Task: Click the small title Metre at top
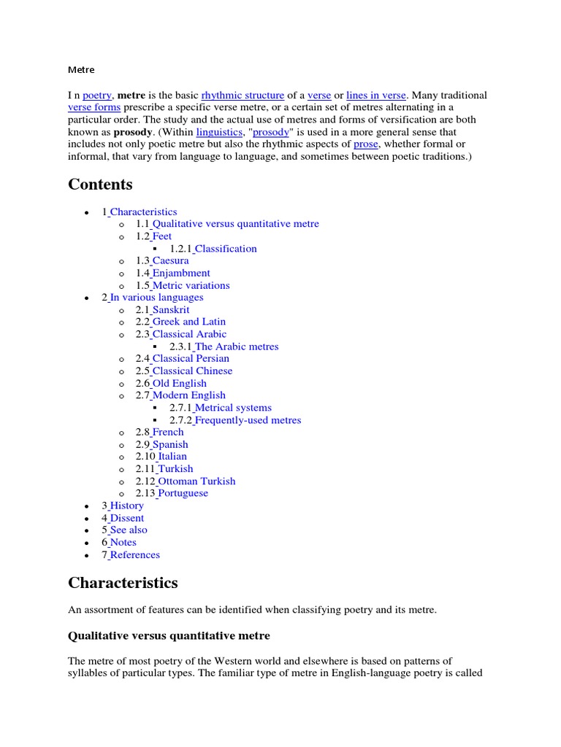(81, 70)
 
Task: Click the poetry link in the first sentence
(97, 96)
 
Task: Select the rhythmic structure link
(243, 96)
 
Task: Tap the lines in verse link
(376, 96)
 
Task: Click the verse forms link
(94, 108)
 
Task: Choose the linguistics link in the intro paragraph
(220, 132)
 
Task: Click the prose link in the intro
(366, 144)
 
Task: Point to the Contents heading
(100, 184)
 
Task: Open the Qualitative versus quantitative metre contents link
(235, 224)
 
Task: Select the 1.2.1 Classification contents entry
(226, 249)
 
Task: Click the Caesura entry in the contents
(170, 260)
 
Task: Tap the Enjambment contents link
(181, 273)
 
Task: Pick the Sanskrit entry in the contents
(171, 309)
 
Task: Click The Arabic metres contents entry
(237, 347)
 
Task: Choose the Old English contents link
(180, 383)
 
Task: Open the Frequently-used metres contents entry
(248, 420)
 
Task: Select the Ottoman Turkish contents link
(196, 481)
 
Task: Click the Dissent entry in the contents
(127, 518)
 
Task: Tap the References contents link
(135, 554)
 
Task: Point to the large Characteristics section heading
(123, 583)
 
